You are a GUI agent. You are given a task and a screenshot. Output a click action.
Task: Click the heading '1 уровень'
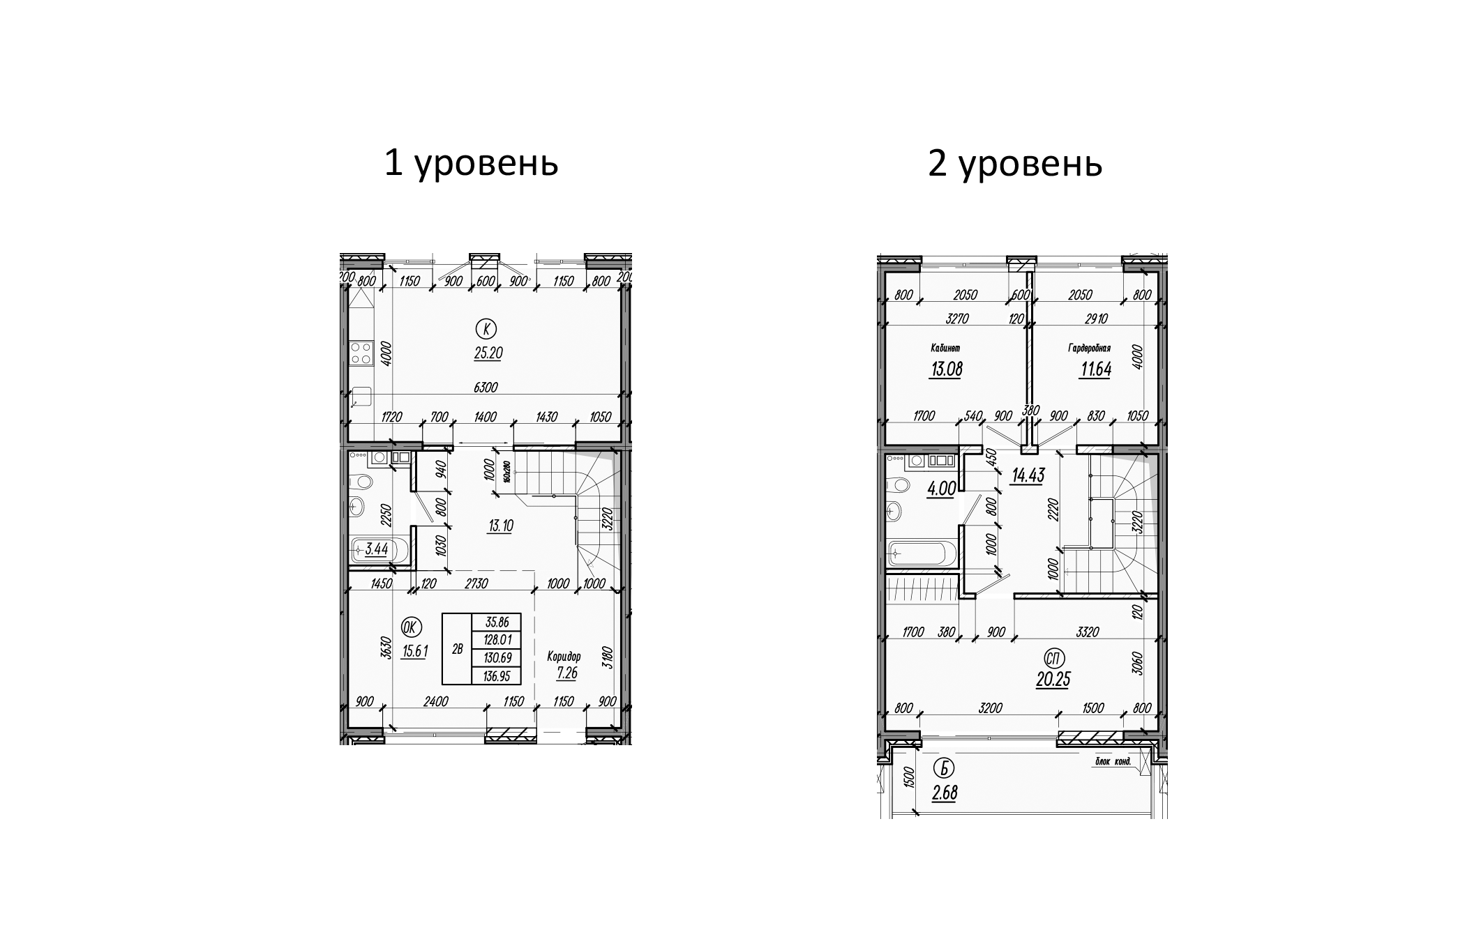click(x=472, y=165)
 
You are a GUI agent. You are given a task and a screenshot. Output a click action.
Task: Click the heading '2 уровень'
click(x=1015, y=165)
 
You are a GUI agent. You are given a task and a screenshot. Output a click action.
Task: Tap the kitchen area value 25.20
click(x=488, y=353)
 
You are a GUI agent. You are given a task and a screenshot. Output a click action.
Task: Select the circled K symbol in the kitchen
click(x=487, y=328)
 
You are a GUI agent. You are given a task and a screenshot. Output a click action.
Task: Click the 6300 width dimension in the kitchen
click(x=486, y=388)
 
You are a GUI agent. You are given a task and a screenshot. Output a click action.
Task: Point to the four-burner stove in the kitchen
click(x=361, y=353)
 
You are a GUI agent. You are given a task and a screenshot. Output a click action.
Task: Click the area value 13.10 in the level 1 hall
click(x=500, y=526)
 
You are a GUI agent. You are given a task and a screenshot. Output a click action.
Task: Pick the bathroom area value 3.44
click(x=377, y=549)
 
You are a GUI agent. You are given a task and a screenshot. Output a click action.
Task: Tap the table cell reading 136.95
click(x=496, y=675)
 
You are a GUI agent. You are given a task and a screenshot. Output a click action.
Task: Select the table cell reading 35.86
click(x=496, y=622)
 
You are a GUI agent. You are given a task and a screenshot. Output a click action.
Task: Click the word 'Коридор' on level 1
click(x=564, y=657)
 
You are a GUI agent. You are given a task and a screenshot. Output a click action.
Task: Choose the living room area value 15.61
click(x=414, y=651)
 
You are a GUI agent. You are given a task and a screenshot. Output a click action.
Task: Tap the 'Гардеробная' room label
click(x=1089, y=348)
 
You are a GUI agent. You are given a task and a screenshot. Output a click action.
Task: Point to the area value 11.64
click(x=1095, y=369)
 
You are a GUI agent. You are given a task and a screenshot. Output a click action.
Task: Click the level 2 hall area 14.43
click(x=1028, y=476)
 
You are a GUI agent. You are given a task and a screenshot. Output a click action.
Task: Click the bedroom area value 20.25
click(x=1053, y=679)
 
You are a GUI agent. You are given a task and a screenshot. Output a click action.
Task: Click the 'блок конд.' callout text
click(x=1113, y=762)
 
